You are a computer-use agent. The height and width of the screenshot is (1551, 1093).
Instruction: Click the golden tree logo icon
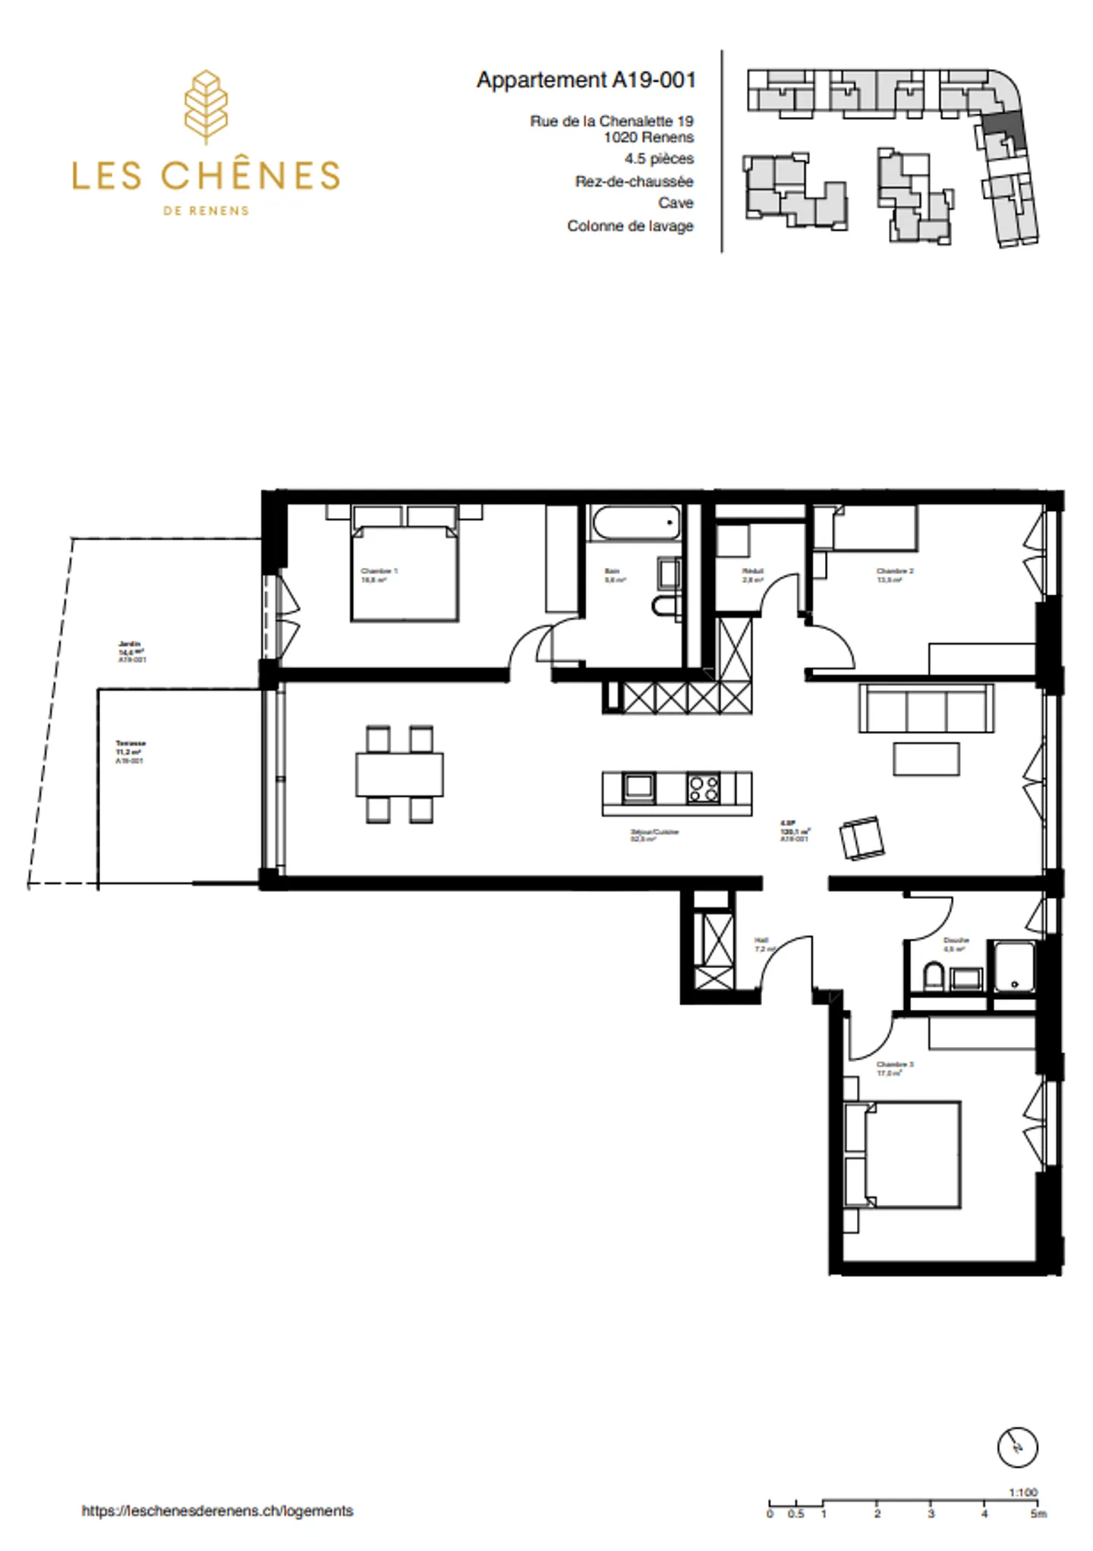pos(206,107)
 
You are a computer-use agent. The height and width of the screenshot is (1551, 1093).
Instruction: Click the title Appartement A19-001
pos(586,80)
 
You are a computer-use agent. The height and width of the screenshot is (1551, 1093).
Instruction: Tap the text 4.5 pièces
pos(659,159)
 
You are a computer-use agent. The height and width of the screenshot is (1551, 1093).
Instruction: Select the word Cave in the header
pos(676,203)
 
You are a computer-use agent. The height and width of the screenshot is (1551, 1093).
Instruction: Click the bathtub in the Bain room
pos(635,523)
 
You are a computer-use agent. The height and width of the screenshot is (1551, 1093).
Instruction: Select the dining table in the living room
pos(399,774)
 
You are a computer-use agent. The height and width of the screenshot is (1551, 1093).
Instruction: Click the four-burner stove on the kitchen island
pos(703,787)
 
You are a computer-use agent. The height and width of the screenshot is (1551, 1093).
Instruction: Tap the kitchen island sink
pos(638,787)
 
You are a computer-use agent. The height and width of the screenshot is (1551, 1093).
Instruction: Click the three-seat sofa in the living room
pos(926,708)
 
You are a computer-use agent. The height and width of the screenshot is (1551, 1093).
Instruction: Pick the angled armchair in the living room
pos(861,838)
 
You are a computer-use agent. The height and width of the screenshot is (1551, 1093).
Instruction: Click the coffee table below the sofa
pos(926,758)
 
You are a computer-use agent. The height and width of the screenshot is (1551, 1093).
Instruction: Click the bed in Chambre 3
pos(903,1154)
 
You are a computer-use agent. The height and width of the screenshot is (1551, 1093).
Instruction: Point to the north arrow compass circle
pos(1016,1447)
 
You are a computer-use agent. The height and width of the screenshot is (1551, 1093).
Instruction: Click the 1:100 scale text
pos(1022,1492)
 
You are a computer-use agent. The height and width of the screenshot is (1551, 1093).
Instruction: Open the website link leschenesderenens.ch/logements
pos(218,1511)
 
